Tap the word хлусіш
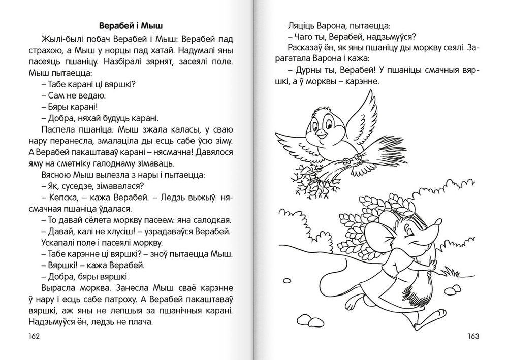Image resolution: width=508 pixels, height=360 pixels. pos(122,232)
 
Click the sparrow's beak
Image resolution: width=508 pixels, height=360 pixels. pos(322,134)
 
